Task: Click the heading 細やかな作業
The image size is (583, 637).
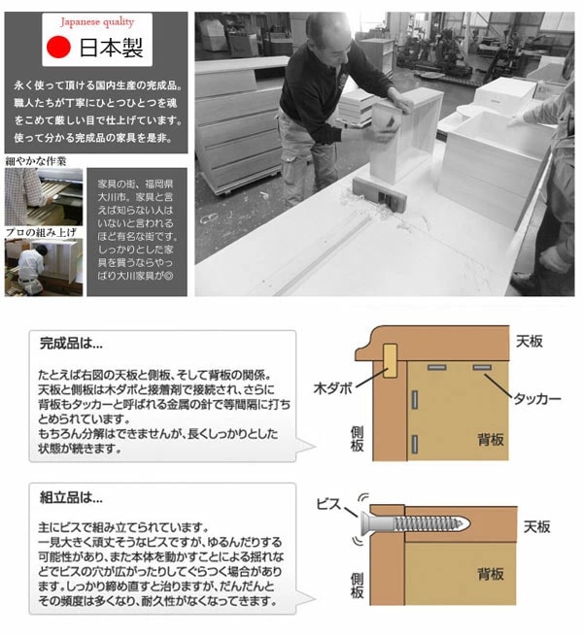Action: [x=36, y=160]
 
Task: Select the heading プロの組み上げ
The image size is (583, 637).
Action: [x=39, y=233]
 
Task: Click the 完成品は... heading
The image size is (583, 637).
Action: [x=70, y=344]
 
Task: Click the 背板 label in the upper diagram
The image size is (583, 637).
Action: [x=491, y=439]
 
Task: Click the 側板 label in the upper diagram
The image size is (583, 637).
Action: [x=358, y=433]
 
